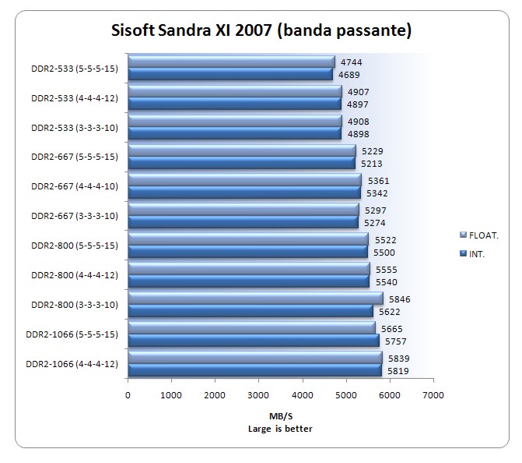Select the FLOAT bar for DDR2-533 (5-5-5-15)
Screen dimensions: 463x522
(231, 62)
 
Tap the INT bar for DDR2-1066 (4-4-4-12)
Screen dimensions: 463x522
(254, 370)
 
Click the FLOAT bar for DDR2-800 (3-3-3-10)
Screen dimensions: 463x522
(255, 299)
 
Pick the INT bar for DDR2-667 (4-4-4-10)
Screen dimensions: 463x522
(244, 193)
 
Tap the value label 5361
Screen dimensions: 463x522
(377, 181)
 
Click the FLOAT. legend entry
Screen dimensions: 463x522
(482, 235)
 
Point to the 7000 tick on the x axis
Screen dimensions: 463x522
(433, 395)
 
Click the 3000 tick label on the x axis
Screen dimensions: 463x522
(259, 395)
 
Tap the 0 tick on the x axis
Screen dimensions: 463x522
(128, 395)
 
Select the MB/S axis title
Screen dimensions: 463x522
(280, 415)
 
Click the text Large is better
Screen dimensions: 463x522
(280, 427)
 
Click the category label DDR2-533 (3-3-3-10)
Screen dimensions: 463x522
(72, 127)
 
